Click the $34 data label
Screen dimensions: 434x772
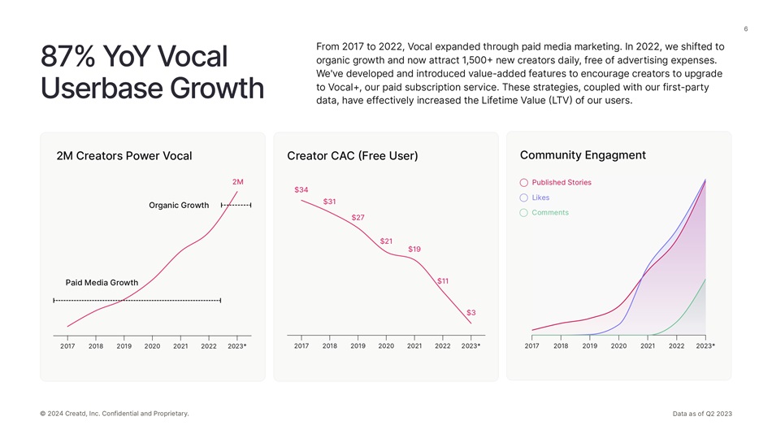tap(301, 189)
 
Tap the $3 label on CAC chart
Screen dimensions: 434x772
tap(471, 312)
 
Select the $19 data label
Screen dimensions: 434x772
tap(414, 249)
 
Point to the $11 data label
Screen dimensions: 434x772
tap(443, 280)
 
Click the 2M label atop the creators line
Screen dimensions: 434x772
tap(238, 181)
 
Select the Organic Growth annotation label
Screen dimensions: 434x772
tap(179, 205)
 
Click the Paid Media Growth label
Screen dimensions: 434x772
tap(102, 282)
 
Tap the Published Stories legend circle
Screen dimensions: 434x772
tap(524, 183)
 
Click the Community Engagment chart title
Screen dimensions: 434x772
tap(582, 154)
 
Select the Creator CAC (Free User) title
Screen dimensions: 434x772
tap(352, 155)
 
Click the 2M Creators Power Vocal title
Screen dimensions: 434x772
tap(124, 155)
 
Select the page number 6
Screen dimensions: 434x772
tap(745, 30)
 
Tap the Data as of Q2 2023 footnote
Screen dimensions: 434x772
tap(702, 414)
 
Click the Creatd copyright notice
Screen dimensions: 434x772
tap(114, 414)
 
